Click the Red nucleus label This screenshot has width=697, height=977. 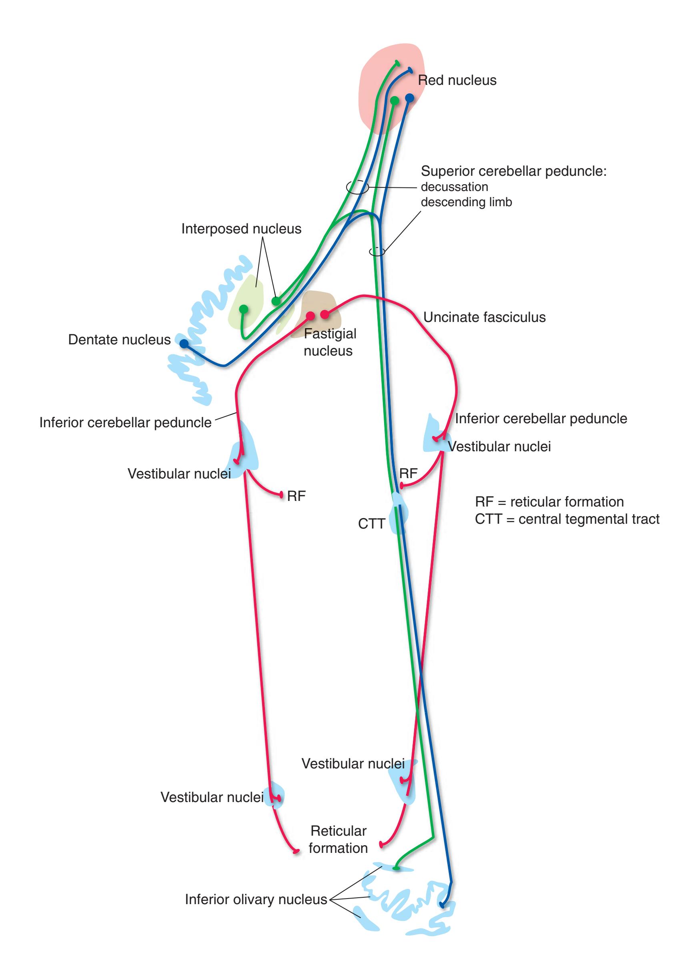[x=457, y=80]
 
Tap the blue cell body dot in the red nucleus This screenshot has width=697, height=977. [x=409, y=98]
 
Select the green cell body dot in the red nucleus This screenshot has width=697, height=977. [x=395, y=101]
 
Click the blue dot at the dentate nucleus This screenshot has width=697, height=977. [x=184, y=344]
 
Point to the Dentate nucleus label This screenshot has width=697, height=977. [x=119, y=340]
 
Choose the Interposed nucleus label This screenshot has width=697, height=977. [x=241, y=229]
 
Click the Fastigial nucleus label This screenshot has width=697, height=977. [x=329, y=342]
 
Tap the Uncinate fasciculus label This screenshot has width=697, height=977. [x=484, y=317]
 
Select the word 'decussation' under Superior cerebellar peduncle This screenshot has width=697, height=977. [x=454, y=187]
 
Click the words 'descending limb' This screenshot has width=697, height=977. [x=466, y=202]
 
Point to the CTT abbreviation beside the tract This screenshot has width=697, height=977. [x=371, y=523]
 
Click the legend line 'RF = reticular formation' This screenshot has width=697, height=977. [x=549, y=502]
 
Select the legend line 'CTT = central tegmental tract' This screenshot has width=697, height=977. [x=567, y=519]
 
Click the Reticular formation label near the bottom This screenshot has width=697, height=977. [x=338, y=839]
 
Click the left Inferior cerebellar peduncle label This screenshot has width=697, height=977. [x=125, y=422]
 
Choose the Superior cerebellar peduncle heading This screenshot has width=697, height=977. [x=513, y=171]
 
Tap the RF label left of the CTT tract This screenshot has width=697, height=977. [x=296, y=496]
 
